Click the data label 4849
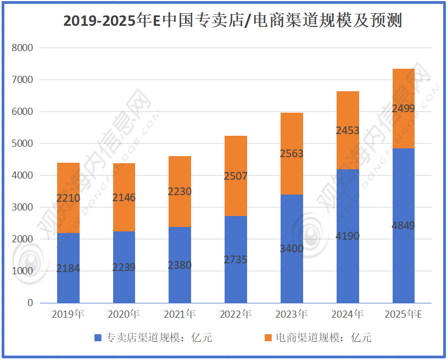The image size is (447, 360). [x=404, y=225]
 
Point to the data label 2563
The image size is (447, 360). [x=292, y=153]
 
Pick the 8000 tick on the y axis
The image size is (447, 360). [x=23, y=48]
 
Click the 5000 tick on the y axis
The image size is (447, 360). [x=23, y=143]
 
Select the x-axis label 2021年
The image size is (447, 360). [x=180, y=315]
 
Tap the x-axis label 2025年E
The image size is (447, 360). [x=403, y=315]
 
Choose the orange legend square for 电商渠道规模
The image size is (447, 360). [x=268, y=337]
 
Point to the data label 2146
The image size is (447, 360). [x=124, y=197]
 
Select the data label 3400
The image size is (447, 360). [x=292, y=248]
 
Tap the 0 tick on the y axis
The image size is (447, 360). [x=30, y=303]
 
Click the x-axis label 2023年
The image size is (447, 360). [x=292, y=315]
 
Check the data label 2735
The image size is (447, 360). [x=236, y=259]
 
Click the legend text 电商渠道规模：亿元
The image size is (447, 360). [x=323, y=337]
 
